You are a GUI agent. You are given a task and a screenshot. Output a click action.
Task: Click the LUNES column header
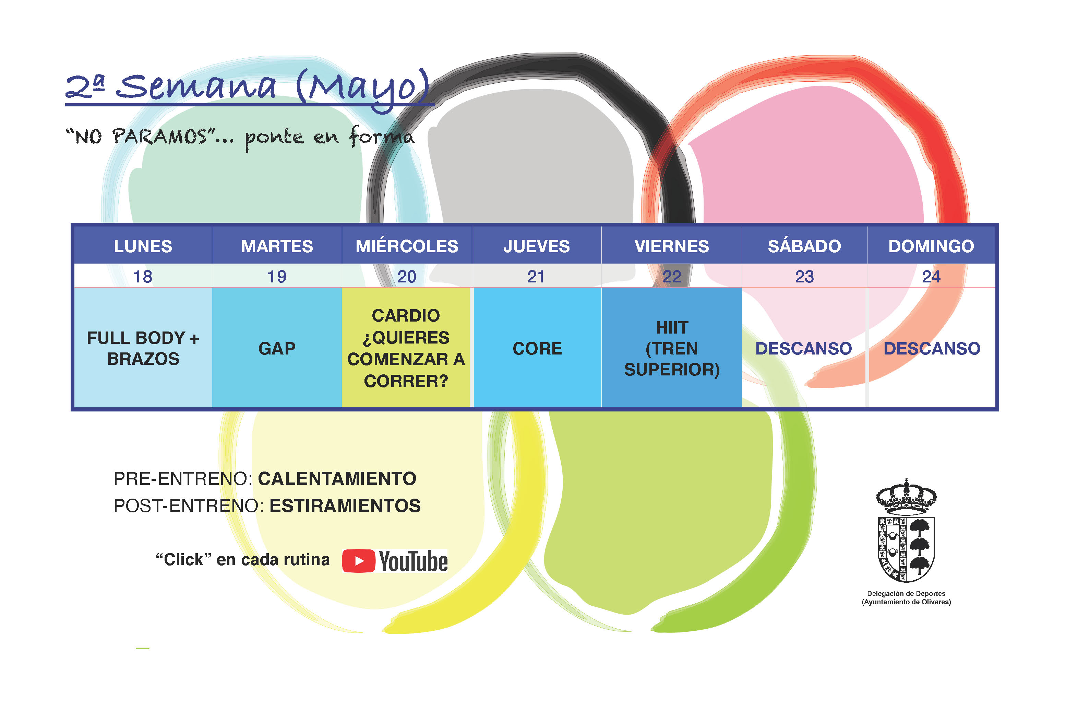point(143,246)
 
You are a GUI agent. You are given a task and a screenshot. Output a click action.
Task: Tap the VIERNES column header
point(672,246)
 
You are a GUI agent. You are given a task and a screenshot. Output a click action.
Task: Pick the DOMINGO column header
point(931,246)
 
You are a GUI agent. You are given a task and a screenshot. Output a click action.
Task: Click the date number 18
point(143,277)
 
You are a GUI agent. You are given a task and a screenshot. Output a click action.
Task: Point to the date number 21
point(536,277)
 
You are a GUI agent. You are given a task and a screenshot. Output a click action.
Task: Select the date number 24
point(931,277)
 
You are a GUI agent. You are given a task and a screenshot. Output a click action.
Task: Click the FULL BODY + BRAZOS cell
point(143,348)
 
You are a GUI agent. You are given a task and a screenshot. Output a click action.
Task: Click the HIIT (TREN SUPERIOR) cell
point(672,348)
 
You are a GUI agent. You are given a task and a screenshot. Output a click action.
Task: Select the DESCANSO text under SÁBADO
point(804,349)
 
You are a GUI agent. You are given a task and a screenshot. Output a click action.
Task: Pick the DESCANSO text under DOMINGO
point(932,349)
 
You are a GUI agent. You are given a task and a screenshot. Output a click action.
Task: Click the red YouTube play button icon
point(358,561)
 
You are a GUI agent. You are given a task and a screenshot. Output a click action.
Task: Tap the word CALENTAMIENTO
point(337,479)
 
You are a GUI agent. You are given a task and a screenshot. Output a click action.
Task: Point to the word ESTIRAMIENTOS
point(345,506)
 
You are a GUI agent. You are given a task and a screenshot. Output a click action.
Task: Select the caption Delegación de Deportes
point(906,593)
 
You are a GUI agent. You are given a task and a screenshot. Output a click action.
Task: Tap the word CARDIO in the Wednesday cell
point(406,316)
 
